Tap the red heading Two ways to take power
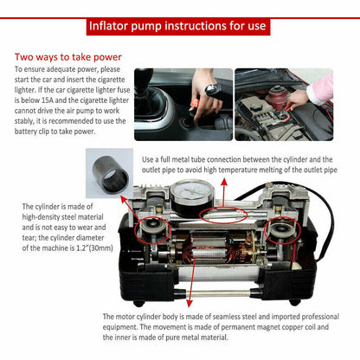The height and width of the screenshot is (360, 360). click(68, 57)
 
